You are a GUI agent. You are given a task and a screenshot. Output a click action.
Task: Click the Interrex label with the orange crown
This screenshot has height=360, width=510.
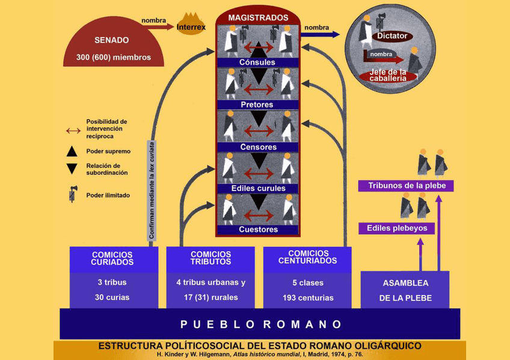(x=191, y=27)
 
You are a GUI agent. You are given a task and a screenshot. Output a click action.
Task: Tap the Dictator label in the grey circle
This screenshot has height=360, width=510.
(x=392, y=36)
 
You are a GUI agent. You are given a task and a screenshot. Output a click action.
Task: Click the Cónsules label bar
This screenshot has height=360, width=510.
(x=257, y=62)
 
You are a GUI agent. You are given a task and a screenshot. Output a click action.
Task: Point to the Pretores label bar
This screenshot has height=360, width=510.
(x=257, y=105)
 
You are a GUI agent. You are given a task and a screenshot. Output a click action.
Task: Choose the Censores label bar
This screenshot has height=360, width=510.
(x=257, y=147)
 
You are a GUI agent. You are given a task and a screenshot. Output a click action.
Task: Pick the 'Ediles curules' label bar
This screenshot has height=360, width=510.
(x=257, y=188)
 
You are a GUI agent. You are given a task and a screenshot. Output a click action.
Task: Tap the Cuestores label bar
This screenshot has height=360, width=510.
(x=257, y=229)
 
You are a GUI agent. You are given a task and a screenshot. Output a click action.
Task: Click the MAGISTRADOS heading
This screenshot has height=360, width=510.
(x=258, y=18)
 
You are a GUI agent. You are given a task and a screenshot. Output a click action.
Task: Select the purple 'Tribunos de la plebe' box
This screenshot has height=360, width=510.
(x=407, y=186)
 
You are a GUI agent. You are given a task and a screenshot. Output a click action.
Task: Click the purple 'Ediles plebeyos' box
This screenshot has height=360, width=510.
(x=397, y=228)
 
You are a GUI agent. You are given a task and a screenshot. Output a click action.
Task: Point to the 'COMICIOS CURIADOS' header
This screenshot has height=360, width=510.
(x=112, y=258)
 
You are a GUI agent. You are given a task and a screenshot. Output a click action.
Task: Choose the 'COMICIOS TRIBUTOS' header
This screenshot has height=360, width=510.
(x=210, y=258)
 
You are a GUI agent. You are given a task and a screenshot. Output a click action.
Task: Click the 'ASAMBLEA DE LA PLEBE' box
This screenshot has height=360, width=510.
(x=405, y=290)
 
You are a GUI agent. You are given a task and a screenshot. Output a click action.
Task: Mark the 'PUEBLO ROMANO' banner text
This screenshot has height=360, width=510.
(x=260, y=325)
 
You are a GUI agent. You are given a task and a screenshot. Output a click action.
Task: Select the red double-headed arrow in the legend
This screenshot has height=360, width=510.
(x=73, y=130)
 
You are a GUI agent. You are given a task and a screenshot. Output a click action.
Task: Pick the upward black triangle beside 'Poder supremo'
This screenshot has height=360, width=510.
(x=72, y=151)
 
